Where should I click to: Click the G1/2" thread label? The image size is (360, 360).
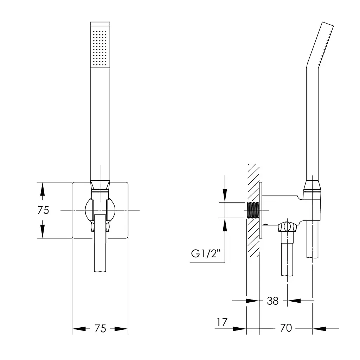(x=205, y=254)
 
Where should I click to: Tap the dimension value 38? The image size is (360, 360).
(x=272, y=301)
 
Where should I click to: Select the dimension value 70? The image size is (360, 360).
(x=286, y=328)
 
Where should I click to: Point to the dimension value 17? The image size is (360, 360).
(x=222, y=322)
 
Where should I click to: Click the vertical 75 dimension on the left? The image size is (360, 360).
(x=43, y=210)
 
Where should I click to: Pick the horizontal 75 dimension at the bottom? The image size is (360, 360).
(x=100, y=329)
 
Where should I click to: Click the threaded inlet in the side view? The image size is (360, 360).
(x=252, y=210)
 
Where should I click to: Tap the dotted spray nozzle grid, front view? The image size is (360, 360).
(x=99, y=48)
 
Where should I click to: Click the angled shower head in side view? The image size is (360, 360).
(x=320, y=45)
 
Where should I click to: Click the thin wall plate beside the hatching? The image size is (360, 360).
(x=261, y=210)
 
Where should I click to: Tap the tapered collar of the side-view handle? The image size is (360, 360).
(x=312, y=186)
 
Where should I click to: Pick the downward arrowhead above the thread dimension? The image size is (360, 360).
(x=225, y=195)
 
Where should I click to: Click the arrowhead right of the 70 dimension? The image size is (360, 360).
(x=319, y=329)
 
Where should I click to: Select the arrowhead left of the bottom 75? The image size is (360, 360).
(x=79, y=329)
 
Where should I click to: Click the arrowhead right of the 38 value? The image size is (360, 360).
(x=294, y=301)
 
